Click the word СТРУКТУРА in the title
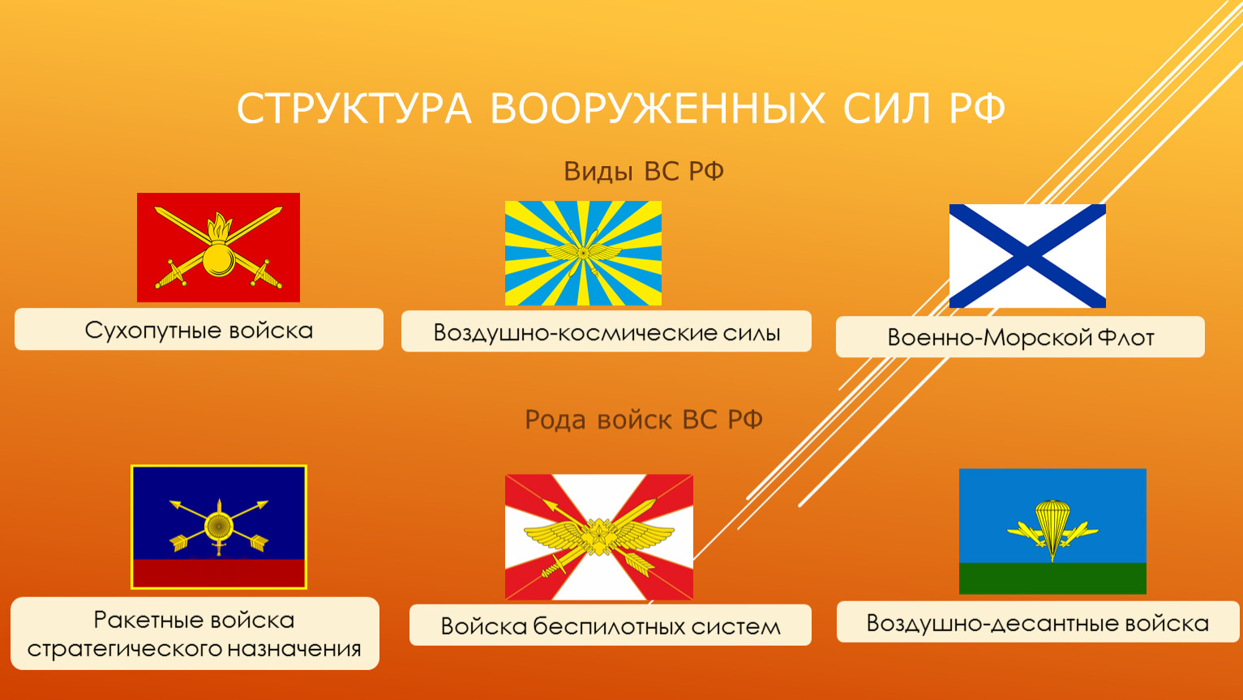coord(354,109)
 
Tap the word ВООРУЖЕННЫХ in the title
coord(657,109)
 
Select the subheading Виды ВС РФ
coord(644,172)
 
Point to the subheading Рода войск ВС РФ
coord(644,420)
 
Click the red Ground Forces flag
coord(218,247)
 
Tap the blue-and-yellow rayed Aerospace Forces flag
coord(583,253)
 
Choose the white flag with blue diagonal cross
coord(1027,256)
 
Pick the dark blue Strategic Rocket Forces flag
coord(219,527)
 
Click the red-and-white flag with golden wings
coord(598,536)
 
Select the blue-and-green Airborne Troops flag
coord(1052,531)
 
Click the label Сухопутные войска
coord(199,331)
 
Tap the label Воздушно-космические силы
coord(606,333)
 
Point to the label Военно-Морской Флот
coord(1021,338)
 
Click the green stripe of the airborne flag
coord(1052,578)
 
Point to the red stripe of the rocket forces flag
coord(219,573)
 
